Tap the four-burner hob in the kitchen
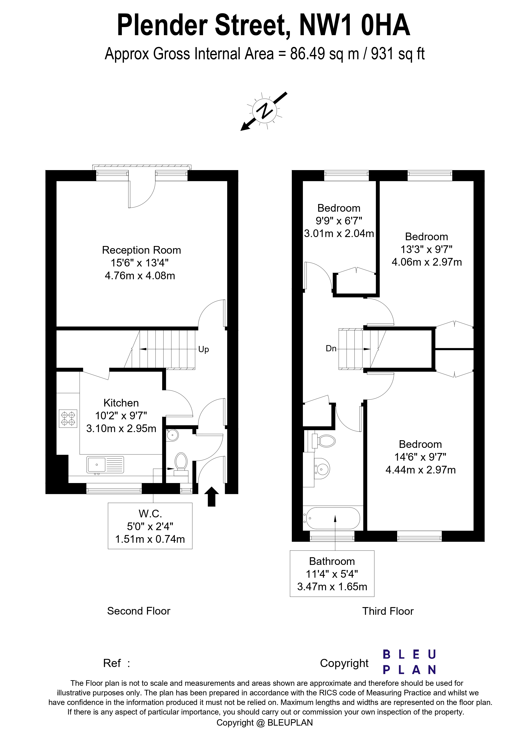pyautogui.click(x=68, y=419)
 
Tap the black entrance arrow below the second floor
pyautogui.click(x=212, y=496)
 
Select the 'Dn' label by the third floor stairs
pyautogui.click(x=331, y=348)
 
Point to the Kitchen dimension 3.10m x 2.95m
pyautogui.click(x=121, y=428)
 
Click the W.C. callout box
pyautogui.click(x=150, y=526)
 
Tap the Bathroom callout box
pyautogui.click(x=332, y=573)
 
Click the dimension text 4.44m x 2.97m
pyautogui.click(x=420, y=470)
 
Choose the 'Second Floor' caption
pyautogui.click(x=139, y=611)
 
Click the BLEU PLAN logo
pyautogui.click(x=409, y=662)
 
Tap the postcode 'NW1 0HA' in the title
pyautogui.click(x=355, y=25)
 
